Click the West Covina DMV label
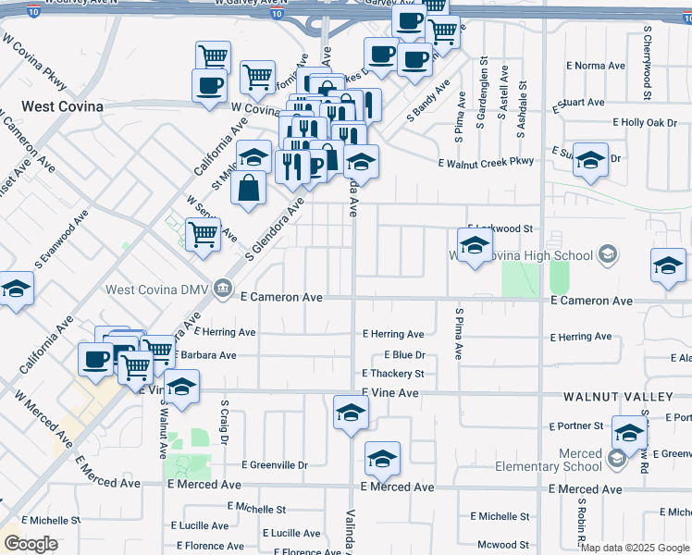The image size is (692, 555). pos(157,290)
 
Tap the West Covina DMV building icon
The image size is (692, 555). pos(222,290)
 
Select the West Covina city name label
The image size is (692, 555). pos(51,106)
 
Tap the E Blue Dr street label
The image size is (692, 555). pos(404,355)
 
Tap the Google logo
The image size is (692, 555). pos(31,544)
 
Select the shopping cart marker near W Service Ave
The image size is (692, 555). pos(203,234)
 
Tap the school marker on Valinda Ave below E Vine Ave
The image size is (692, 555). pos(352,412)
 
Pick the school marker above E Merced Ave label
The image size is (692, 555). pos(382,457)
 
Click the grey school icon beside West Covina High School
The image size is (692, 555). pos(608,253)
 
